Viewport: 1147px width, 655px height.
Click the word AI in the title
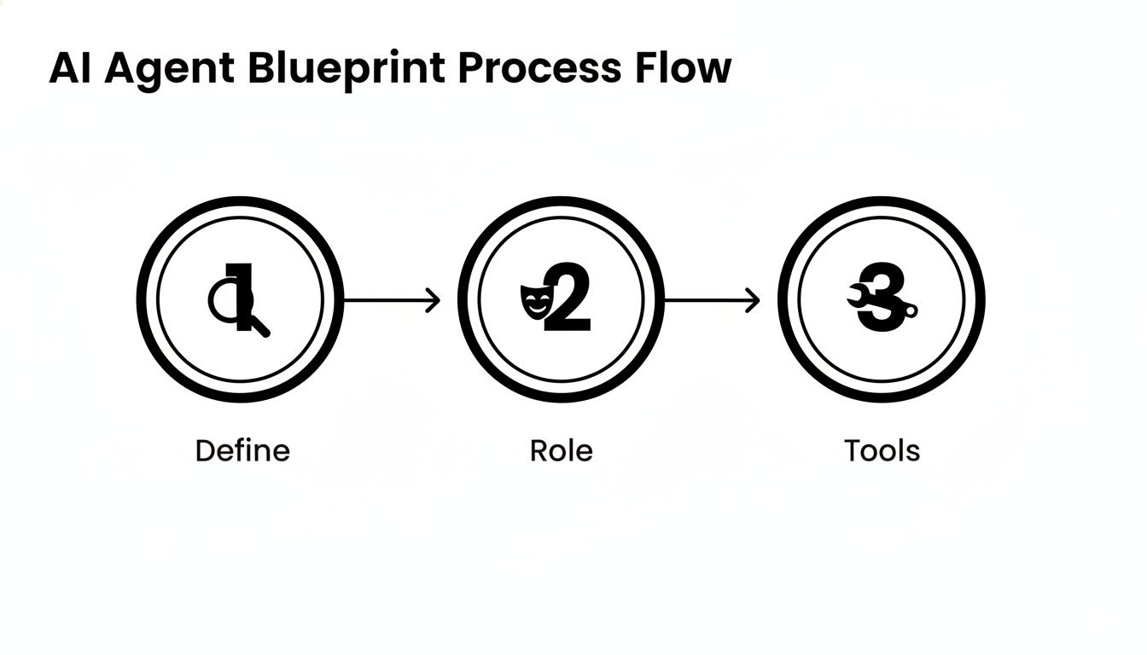[x=70, y=68]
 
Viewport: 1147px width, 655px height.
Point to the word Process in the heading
[x=535, y=68]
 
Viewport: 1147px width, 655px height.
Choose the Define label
[x=242, y=450]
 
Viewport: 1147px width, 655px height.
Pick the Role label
[x=561, y=450]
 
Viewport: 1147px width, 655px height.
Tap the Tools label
[x=882, y=450]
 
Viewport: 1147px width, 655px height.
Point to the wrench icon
[x=859, y=296]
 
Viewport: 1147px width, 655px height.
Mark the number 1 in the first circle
[x=244, y=294]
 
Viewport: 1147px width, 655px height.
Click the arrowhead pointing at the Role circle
[x=434, y=300]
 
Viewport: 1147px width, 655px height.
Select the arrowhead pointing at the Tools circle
[x=754, y=300]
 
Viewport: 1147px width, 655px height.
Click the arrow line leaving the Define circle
[x=384, y=300]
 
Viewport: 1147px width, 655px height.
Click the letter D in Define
[x=203, y=450]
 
